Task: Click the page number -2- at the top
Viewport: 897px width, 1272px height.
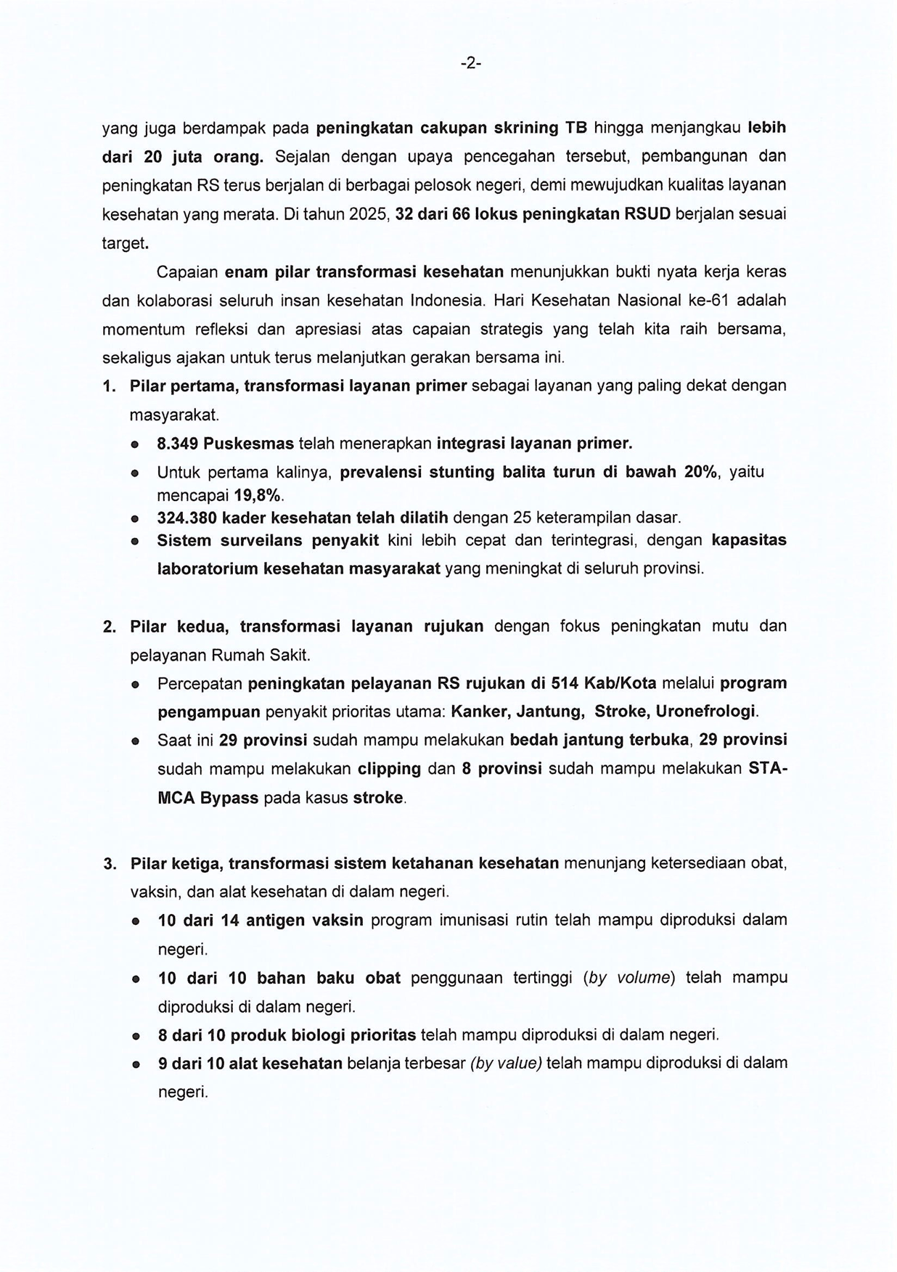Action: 470,64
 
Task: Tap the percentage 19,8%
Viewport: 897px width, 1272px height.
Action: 257,496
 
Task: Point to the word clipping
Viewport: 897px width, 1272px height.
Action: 389,769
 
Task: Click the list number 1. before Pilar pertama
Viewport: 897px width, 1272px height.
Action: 110,386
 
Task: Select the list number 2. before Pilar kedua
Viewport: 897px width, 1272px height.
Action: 110,627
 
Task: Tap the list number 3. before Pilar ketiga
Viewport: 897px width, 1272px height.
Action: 110,864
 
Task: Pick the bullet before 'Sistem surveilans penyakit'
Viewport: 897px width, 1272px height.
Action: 135,542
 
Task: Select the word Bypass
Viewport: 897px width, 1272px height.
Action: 229,798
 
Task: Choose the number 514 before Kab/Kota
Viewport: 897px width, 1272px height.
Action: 565,683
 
